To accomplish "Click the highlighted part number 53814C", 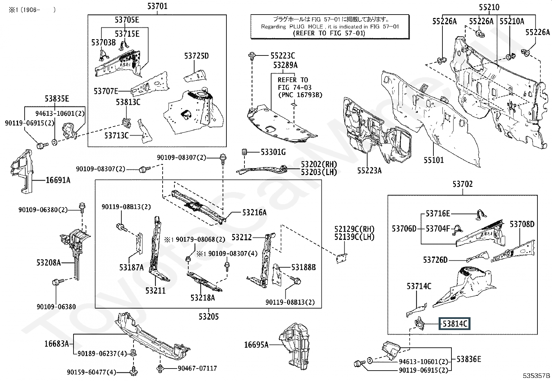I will point(455,324).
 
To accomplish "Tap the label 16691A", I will point(58,180).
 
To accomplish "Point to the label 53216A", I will point(255,213).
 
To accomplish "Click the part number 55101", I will point(433,160).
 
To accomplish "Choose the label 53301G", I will point(273,152).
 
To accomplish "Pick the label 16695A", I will point(257,345).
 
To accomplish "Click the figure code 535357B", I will point(537,375).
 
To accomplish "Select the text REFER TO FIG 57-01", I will point(329,33).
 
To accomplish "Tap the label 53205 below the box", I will point(209,317).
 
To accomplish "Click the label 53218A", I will point(202,297).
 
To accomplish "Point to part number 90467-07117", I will point(197,368).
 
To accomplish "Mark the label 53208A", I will point(49,263).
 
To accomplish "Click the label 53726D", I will point(435,260).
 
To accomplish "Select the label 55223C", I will point(283,55).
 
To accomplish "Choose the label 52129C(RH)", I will point(354,229).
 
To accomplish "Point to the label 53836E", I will point(469,359).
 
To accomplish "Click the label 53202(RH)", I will point(319,164).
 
